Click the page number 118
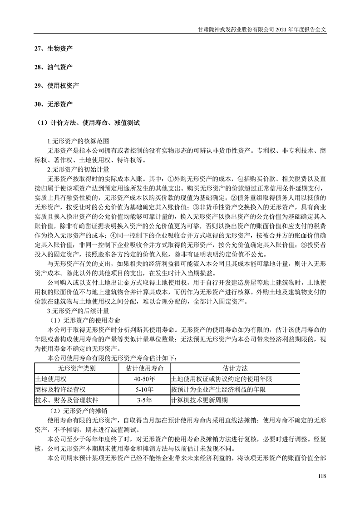click(322, 475)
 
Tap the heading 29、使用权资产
click(57, 85)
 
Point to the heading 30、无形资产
click(54, 104)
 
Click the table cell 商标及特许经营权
click(60, 390)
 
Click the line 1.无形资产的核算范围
click(78, 141)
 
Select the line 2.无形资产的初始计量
click(78, 169)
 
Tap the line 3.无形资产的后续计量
click(78, 311)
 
